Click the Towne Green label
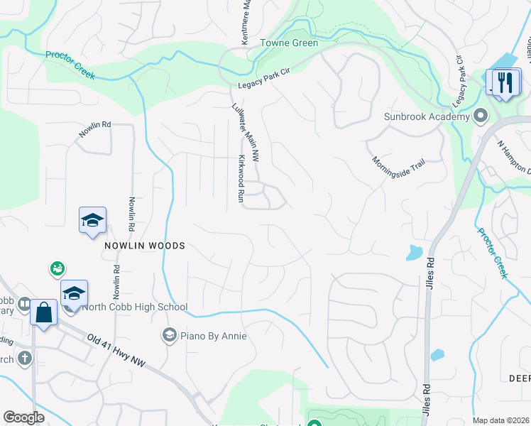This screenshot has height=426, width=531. pos(289,43)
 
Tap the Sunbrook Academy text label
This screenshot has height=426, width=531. pos(427,116)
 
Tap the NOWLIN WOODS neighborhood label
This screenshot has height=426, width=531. pos(145,246)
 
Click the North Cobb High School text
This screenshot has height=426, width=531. pos(134,307)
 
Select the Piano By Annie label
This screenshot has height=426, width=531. pos(212,335)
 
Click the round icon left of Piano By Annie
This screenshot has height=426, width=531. pos(169,335)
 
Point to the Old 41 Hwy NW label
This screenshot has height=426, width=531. pos(116,351)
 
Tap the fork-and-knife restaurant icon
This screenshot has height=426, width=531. pos(506,83)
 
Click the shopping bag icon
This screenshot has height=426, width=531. pos(43,313)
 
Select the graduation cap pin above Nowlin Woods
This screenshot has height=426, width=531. pos(92,221)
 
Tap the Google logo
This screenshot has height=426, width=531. pos(23,417)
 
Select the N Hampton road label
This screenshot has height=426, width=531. pos(513,156)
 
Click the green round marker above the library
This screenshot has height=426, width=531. pos(57,268)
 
